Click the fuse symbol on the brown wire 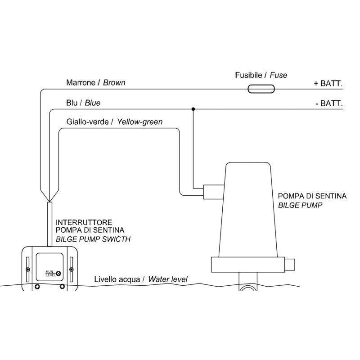(261, 89)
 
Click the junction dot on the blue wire (193, 109)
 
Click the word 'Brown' (114, 83)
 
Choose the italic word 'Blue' (92, 103)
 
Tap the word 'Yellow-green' (140, 121)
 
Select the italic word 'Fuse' (279, 75)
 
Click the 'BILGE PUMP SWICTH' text (93, 239)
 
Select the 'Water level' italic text (167, 279)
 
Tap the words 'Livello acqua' (118, 279)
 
